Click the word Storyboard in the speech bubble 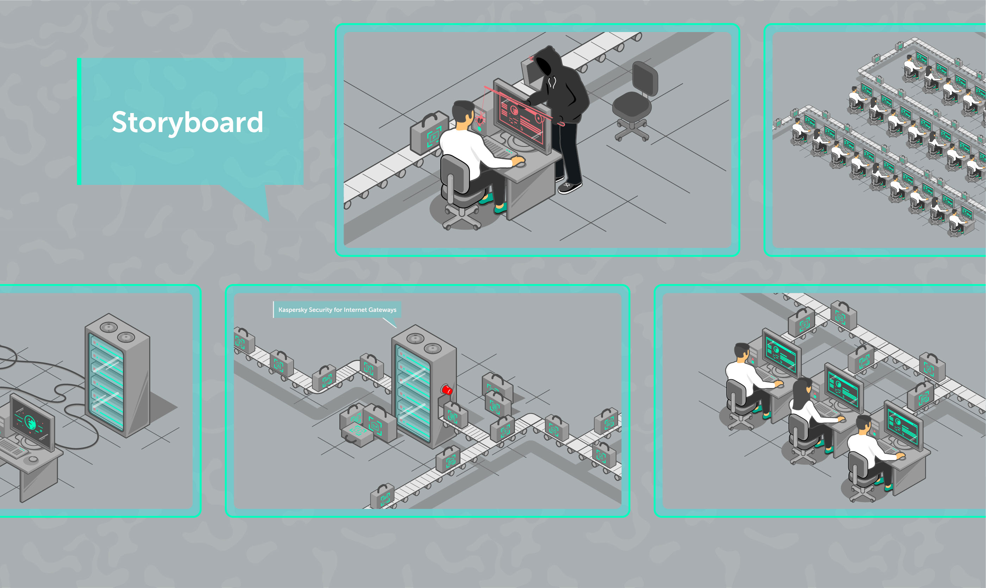tap(187, 123)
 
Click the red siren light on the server tap(446, 389)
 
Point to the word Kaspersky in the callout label tap(293, 310)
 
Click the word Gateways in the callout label tap(382, 310)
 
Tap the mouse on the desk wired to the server tap(33, 459)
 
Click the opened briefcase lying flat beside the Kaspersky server tap(357, 434)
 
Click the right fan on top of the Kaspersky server tap(433, 349)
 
